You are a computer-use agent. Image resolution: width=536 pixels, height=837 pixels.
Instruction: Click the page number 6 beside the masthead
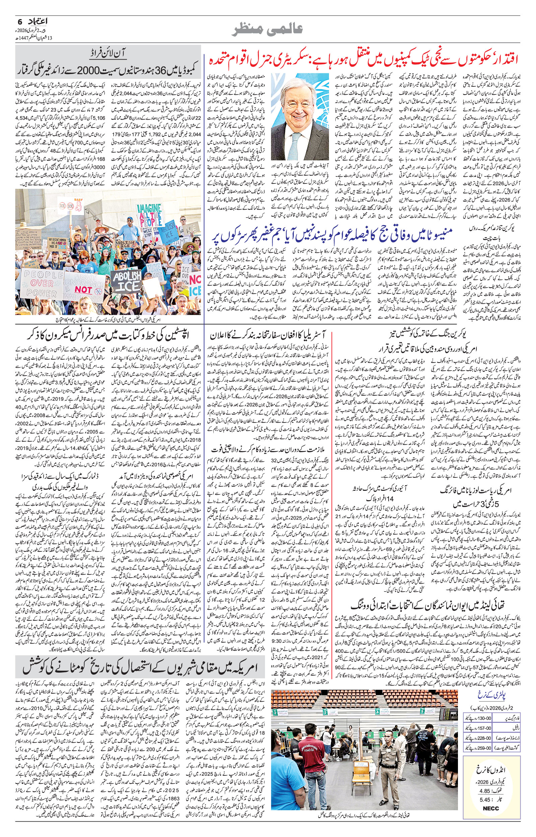pyautogui.click(x=20, y=21)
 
